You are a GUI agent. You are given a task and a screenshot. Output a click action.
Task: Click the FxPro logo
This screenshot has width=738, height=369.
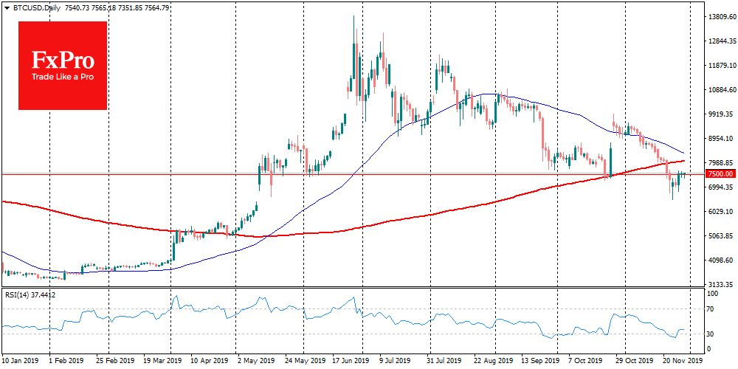pos(63,65)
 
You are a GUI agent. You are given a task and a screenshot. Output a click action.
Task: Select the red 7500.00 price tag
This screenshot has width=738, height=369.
pos(720,174)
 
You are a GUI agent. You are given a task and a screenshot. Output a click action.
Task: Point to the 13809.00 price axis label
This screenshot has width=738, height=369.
pos(720,16)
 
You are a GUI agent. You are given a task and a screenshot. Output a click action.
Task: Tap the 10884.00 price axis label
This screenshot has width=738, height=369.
pos(720,90)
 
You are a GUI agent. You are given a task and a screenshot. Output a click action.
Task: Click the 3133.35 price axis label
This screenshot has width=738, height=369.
pos(720,285)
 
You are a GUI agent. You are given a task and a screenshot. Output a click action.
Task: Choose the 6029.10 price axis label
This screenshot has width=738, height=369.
pos(720,212)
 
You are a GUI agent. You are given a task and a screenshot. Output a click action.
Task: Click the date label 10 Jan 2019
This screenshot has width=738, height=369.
pos(21,362)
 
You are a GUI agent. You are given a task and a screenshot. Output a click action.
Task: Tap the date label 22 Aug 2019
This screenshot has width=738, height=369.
pos(493,362)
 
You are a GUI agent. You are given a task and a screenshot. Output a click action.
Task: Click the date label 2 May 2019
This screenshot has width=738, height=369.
pos(255,362)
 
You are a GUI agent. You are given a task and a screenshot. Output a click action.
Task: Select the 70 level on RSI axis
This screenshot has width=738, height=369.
pos(710,308)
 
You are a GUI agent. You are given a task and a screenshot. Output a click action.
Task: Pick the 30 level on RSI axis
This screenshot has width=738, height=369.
pos(710,334)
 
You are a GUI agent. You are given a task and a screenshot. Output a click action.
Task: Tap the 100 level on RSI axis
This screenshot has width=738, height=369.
pos(712,294)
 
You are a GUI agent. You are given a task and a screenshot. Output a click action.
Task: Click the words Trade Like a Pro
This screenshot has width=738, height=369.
pos(62,77)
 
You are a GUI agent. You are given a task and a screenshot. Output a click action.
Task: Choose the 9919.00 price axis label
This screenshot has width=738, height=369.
pos(720,114)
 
